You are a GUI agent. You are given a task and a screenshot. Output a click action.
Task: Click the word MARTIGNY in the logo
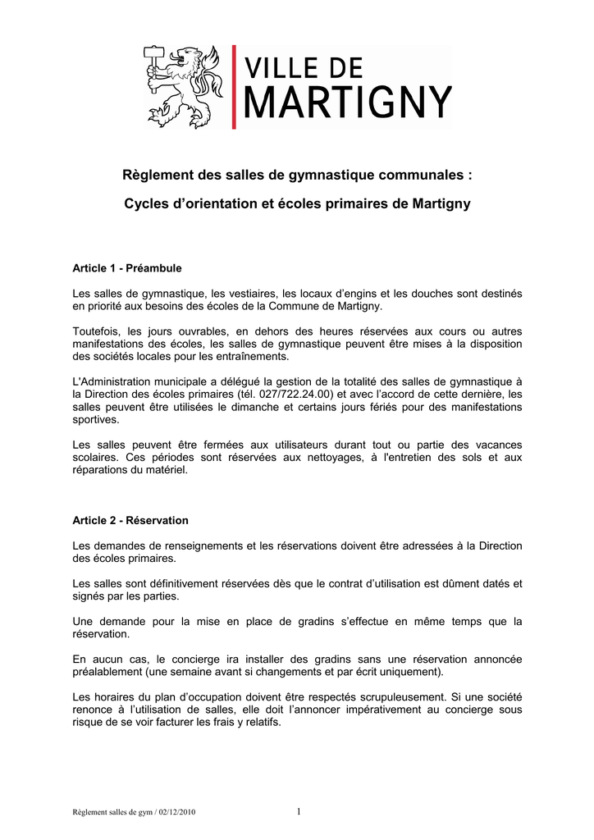(349, 105)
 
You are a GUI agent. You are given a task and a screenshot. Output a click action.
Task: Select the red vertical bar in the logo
(235, 86)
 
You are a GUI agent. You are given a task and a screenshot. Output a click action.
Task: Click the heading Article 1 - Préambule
(127, 268)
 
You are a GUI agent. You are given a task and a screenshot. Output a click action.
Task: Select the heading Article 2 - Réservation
(130, 520)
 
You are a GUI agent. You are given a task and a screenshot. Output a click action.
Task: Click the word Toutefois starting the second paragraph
(95, 331)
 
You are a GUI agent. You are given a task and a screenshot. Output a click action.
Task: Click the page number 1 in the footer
(299, 812)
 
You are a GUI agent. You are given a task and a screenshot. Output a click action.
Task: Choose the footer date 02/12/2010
(174, 813)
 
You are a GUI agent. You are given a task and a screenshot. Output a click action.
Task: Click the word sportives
(95, 419)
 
